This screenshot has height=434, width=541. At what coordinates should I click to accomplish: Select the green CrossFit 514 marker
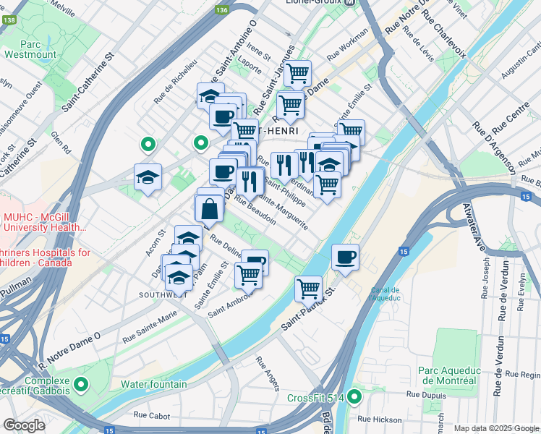[x=354, y=397]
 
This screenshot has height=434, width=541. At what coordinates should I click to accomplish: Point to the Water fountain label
[x=154, y=384]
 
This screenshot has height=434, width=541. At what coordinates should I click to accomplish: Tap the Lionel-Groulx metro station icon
[x=350, y=3]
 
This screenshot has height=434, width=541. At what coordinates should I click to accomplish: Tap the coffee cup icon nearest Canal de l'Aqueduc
[x=346, y=257]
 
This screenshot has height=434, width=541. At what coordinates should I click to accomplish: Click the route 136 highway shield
[x=222, y=10]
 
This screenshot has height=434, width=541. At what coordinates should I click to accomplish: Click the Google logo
[x=24, y=425]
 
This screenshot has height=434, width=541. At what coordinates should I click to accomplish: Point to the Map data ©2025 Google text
[x=497, y=428]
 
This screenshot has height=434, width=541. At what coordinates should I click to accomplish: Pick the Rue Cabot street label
[x=151, y=415]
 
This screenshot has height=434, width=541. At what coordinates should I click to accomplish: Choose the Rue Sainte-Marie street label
[x=150, y=326]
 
